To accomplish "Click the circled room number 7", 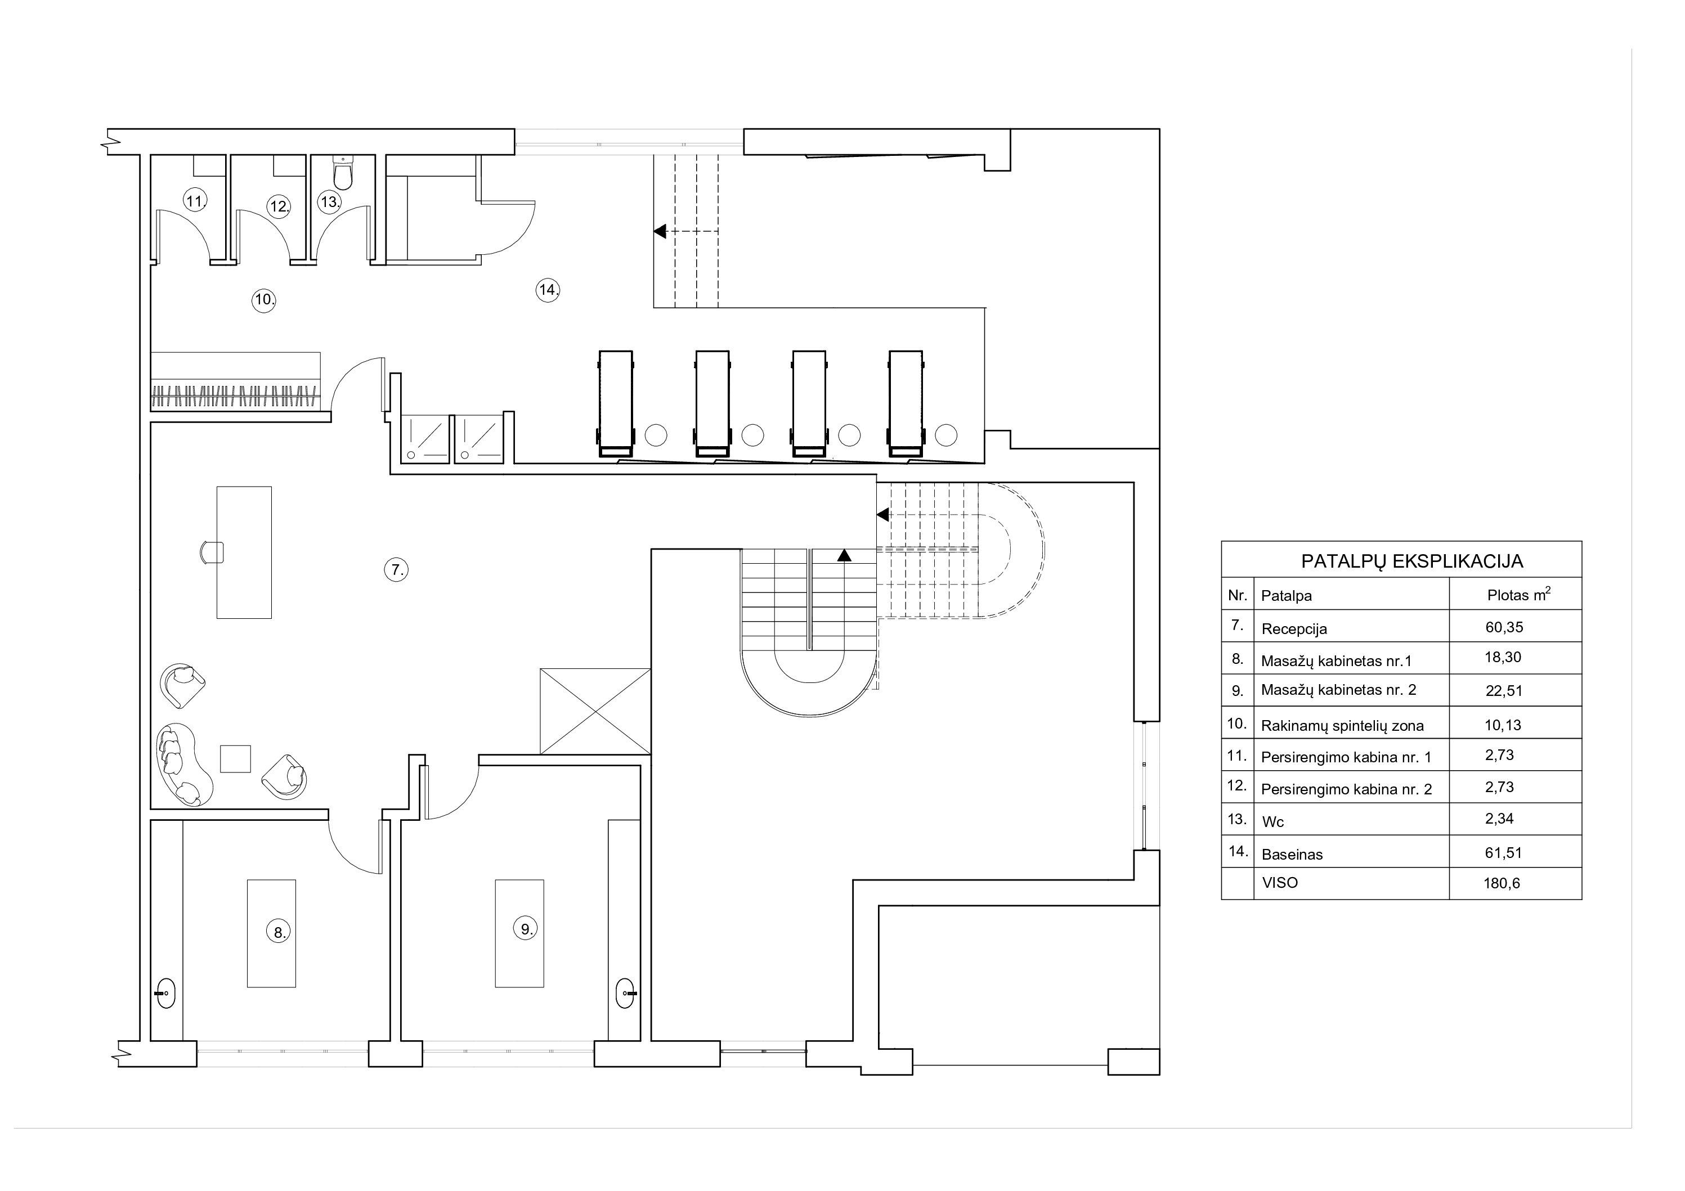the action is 396,569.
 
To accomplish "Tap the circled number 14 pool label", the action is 548,290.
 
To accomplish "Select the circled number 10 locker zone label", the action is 263,299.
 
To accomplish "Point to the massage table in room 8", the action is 271,933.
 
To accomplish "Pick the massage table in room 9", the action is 519,933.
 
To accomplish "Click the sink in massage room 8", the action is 166,993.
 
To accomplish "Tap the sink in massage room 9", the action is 626,993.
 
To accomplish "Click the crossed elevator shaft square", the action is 595,711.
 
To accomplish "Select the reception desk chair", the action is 212,552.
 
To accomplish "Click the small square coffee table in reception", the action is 236,759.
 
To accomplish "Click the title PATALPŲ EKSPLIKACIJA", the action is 1412,561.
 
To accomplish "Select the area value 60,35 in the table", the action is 1504,627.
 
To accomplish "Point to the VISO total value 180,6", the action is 1502,883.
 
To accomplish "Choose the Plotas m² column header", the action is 1518,595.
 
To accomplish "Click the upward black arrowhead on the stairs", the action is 844,555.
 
